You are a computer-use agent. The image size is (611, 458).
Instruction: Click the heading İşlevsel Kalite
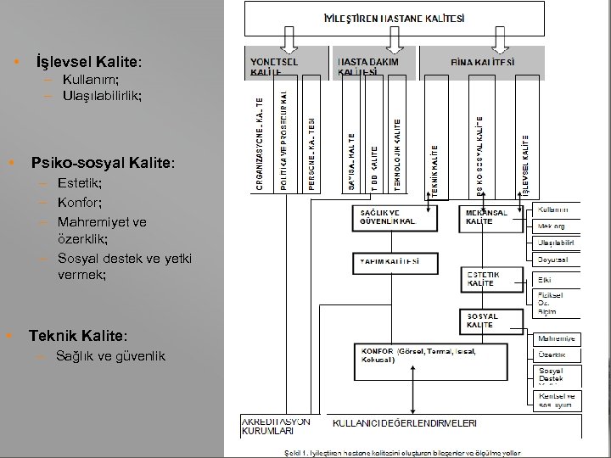click(x=88, y=63)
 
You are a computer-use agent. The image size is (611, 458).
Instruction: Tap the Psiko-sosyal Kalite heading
click(x=103, y=162)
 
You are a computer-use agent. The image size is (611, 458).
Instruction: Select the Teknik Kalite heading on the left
click(x=77, y=335)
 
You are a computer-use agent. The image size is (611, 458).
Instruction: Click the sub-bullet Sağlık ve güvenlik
click(x=110, y=355)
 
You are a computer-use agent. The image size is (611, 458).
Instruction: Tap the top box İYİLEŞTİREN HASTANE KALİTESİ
click(x=395, y=18)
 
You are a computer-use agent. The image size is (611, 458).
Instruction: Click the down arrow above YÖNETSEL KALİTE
click(x=288, y=39)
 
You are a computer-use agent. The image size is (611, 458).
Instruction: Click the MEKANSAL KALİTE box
click(x=492, y=217)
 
